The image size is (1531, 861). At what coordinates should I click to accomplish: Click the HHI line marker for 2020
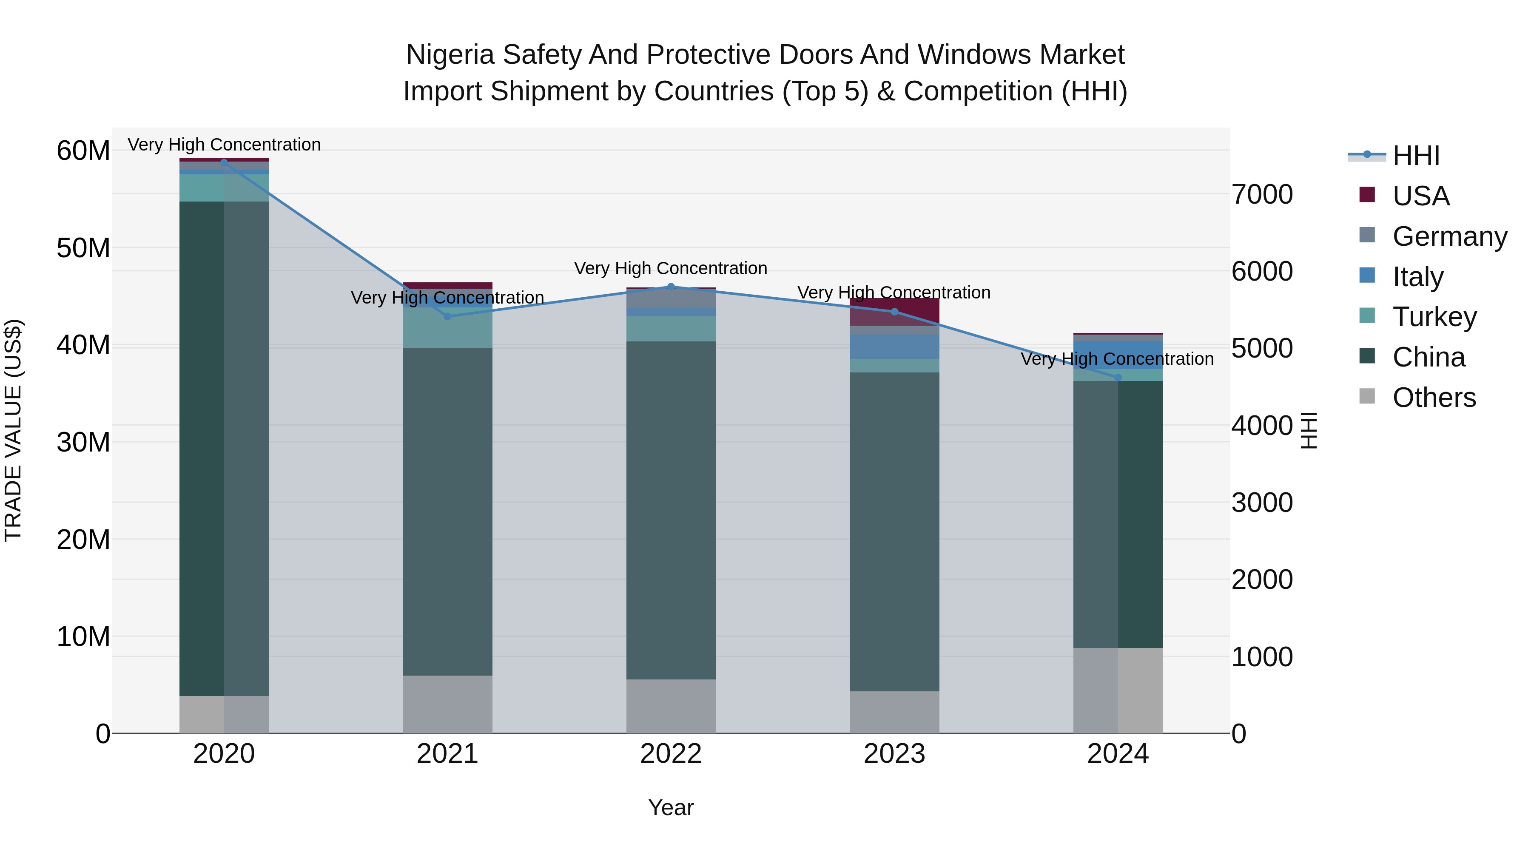coord(224,162)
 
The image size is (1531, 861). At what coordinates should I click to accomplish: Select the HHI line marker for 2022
coord(671,287)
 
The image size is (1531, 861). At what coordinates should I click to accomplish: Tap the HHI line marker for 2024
coord(1118,377)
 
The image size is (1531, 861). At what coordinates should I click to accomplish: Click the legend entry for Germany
coord(1449,236)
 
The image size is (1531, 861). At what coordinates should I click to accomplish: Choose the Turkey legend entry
coord(1434,317)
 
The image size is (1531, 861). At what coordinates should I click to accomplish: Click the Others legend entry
coord(1434,398)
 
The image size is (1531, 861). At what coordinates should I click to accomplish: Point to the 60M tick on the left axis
coord(83,151)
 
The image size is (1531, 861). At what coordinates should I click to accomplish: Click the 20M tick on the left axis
coord(83,540)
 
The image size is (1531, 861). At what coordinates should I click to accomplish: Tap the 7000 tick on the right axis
coord(1262,194)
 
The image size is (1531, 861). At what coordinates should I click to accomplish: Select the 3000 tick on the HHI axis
coord(1262,503)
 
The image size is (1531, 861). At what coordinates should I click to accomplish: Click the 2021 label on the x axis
coord(447,754)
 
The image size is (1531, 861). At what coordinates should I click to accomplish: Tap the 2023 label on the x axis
coord(894,754)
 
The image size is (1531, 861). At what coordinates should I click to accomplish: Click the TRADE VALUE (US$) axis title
coord(13,430)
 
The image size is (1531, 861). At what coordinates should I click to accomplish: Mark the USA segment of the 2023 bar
coord(894,311)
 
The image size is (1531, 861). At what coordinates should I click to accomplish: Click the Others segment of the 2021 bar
coord(447,704)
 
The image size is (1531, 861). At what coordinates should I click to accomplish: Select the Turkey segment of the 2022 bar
coord(671,329)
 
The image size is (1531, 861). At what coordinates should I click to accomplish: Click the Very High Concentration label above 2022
coord(671,269)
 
